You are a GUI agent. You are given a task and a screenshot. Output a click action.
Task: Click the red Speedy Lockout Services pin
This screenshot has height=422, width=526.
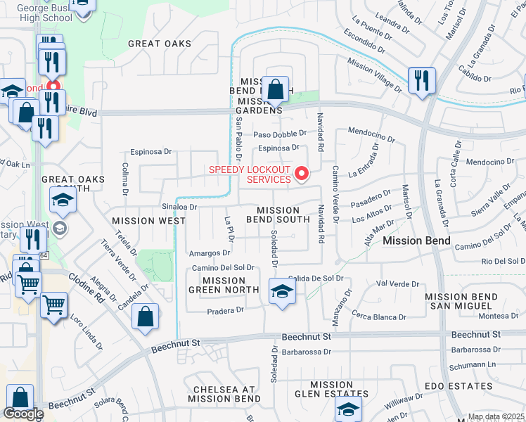302,172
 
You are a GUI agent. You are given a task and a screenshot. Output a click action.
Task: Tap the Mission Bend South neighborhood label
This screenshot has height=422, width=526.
283,215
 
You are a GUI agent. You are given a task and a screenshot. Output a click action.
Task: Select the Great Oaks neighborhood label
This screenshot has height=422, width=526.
160,44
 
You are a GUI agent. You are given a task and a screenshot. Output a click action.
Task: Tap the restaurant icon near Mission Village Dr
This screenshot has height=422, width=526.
422,82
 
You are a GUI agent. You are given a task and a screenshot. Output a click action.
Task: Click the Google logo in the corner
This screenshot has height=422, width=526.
23,414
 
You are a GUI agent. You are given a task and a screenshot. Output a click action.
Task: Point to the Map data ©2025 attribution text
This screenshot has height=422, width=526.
496,417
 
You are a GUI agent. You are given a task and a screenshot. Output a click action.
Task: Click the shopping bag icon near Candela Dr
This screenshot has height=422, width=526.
144,316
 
